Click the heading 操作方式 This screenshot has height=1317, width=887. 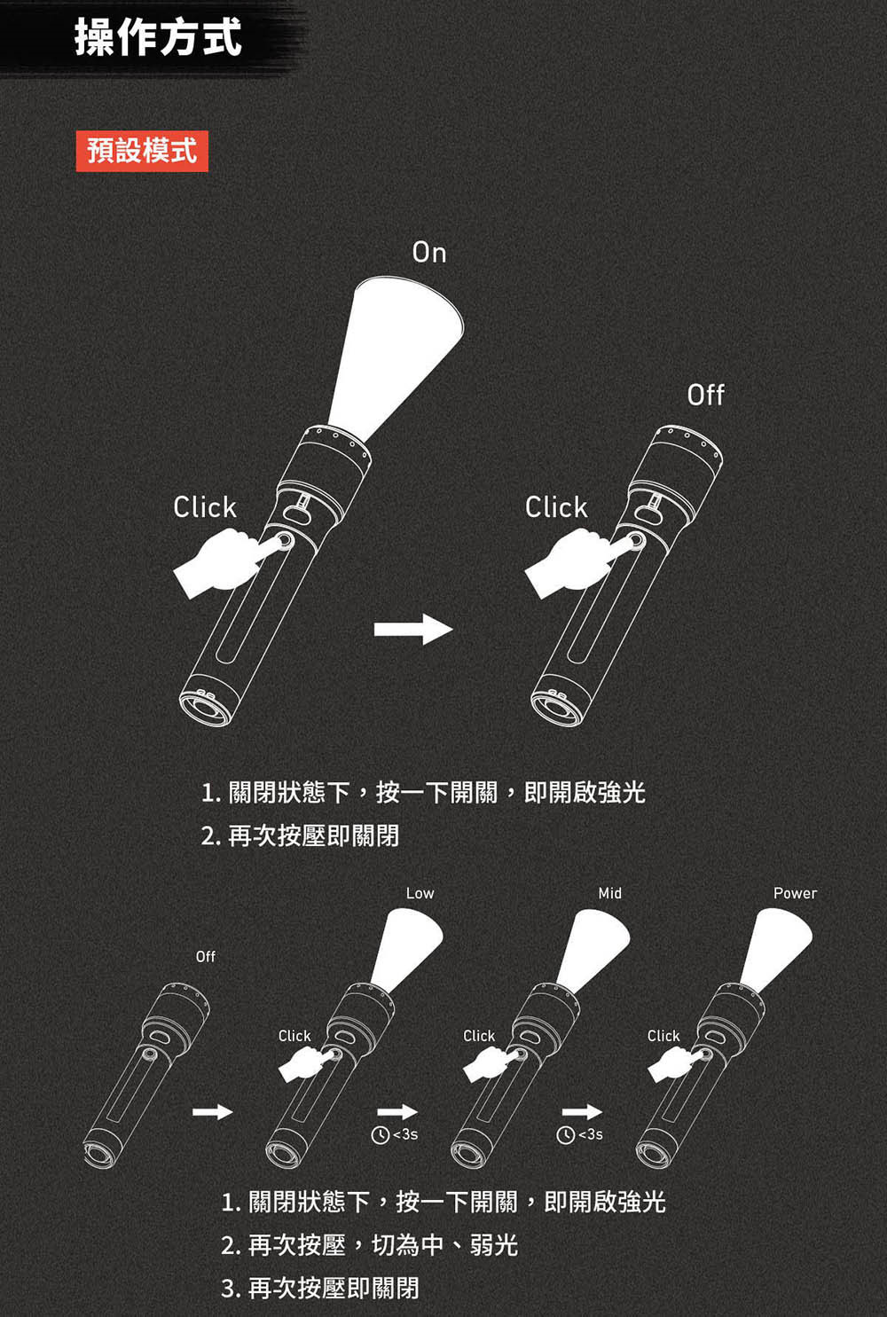pyautogui.click(x=158, y=37)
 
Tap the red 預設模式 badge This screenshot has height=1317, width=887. pyautogui.click(x=142, y=150)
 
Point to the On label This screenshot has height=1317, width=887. pyautogui.click(x=429, y=253)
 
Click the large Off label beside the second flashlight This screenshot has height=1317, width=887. pyautogui.click(x=705, y=395)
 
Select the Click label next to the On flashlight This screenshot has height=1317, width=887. pyautogui.click(x=205, y=507)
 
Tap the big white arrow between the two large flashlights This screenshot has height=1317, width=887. pyautogui.click(x=413, y=629)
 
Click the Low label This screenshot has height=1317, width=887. pyautogui.click(x=420, y=893)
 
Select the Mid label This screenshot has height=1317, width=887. pyautogui.click(x=610, y=893)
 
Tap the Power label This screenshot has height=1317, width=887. pyautogui.click(x=795, y=893)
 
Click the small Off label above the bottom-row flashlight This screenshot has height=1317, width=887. pyautogui.click(x=206, y=956)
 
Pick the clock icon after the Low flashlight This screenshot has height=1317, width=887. pyautogui.click(x=380, y=1135)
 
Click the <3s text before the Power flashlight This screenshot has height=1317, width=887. pyautogui.click(x=591, y=1135)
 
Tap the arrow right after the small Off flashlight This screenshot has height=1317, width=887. pyautogui.click(x=213, y=1111)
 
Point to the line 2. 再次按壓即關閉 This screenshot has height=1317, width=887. pyautogui.click(x=300, y=835)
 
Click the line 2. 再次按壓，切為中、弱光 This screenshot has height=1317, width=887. pyautogui.click(x=369, y=1245)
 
